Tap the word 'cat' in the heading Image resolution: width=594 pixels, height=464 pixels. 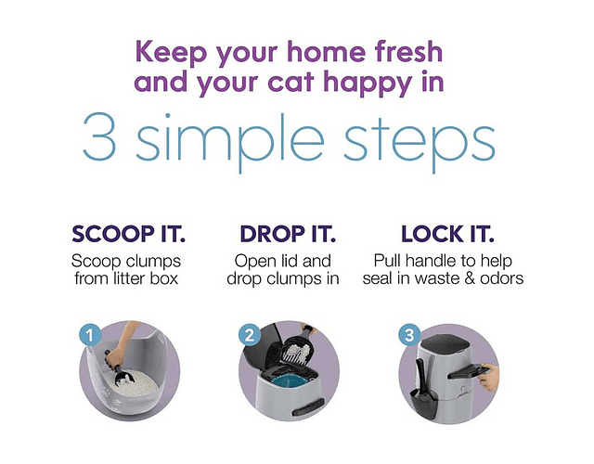291,83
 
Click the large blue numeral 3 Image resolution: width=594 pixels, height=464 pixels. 99,136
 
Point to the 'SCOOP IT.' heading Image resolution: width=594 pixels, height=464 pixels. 128,234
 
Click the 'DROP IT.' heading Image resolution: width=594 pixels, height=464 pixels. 288,234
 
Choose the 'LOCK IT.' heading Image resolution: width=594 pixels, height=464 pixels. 447,234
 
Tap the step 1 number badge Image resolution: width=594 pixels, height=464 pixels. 90,335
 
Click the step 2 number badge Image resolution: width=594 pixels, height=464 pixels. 250,335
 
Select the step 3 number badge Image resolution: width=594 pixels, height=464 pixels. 409,335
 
